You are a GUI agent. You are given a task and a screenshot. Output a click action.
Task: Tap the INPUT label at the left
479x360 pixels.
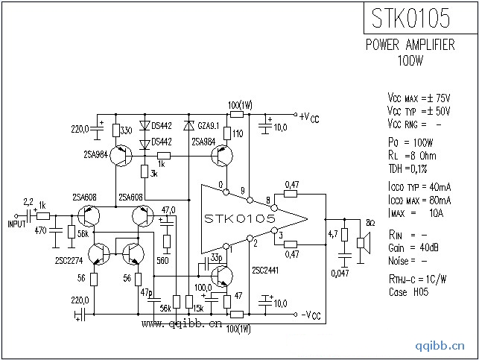[16, 223]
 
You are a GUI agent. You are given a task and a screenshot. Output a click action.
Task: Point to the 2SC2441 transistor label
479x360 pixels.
[266, 271]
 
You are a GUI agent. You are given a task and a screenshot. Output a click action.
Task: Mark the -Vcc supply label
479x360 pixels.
[307, 316]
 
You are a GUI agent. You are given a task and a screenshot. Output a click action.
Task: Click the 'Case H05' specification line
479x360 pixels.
[407, 291]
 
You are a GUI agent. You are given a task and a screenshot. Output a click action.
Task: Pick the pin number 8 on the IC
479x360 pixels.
[267, 200]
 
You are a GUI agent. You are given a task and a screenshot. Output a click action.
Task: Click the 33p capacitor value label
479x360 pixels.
[216, 257]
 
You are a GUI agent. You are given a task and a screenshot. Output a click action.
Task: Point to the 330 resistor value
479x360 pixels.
[127, 130]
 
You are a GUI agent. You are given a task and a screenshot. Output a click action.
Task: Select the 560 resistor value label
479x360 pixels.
[163, 261]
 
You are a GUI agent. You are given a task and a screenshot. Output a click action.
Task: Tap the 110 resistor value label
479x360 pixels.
[238, 133]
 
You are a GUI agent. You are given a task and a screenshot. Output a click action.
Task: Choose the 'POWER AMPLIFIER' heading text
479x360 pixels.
[410, 45]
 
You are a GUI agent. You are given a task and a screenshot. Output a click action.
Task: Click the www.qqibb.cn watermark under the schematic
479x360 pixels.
[182, 325]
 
